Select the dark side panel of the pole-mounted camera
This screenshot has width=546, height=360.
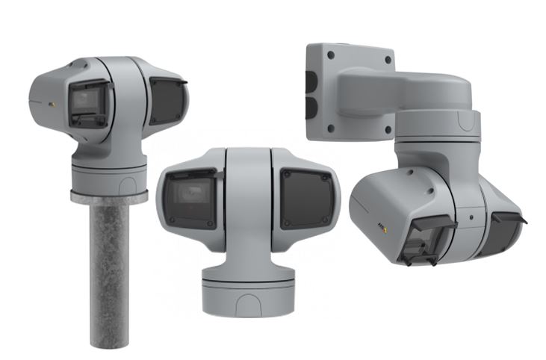pos(166,100)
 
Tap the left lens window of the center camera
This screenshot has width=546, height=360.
pos(191,198)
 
